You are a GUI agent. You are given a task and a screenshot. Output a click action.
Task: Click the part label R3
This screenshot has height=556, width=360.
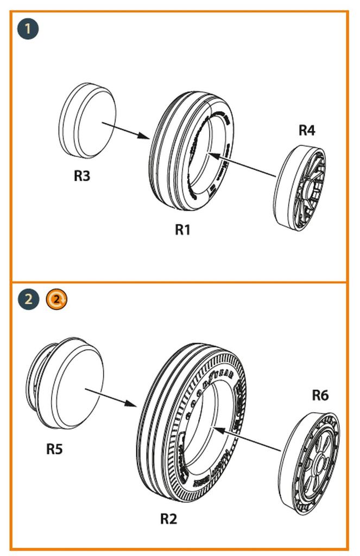[x=82, y=176]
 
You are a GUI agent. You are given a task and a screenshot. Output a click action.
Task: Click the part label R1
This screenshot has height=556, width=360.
[x=183, y=230]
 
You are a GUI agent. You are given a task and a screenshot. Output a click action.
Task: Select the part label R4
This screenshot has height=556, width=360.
[x=307, y=130]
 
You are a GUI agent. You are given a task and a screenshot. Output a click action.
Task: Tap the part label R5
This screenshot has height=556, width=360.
[x=54, y=449]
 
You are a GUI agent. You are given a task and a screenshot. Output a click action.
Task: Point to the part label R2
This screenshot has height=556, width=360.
[x=169, y=519]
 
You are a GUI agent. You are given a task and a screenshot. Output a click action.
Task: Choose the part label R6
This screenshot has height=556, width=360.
[x=320, y=395]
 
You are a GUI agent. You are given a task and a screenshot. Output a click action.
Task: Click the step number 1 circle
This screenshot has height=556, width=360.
[x=28, y=28]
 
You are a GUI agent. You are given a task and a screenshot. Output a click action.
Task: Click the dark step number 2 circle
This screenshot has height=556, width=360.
[x=28, y=299]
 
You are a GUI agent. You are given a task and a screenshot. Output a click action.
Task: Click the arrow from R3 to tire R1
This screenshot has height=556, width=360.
[x=125, y=131]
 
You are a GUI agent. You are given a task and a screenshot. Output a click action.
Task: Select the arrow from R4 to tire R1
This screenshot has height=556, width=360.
[x=242, y=165]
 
